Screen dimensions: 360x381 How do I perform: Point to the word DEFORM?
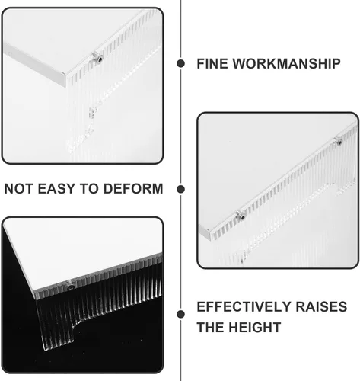click(133, 189)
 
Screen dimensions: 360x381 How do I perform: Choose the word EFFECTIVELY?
click(244, 306)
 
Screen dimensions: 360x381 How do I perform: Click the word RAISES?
click(321, 306)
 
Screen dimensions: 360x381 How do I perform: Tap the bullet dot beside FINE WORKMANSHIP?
click(180, 63)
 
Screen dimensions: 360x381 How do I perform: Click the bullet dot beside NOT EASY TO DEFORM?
click(180, 189)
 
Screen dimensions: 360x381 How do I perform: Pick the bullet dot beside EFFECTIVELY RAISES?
click(180, 314)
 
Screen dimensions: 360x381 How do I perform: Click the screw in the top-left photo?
click(97, 58)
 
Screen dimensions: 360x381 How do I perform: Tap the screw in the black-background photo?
click(70, 287)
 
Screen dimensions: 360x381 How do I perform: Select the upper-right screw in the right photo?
click(339, 141)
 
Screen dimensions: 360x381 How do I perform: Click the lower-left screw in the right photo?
click(241, 216)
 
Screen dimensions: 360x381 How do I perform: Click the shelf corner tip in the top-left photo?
click(65, 74)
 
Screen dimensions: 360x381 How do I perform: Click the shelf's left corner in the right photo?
click(209, 231)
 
